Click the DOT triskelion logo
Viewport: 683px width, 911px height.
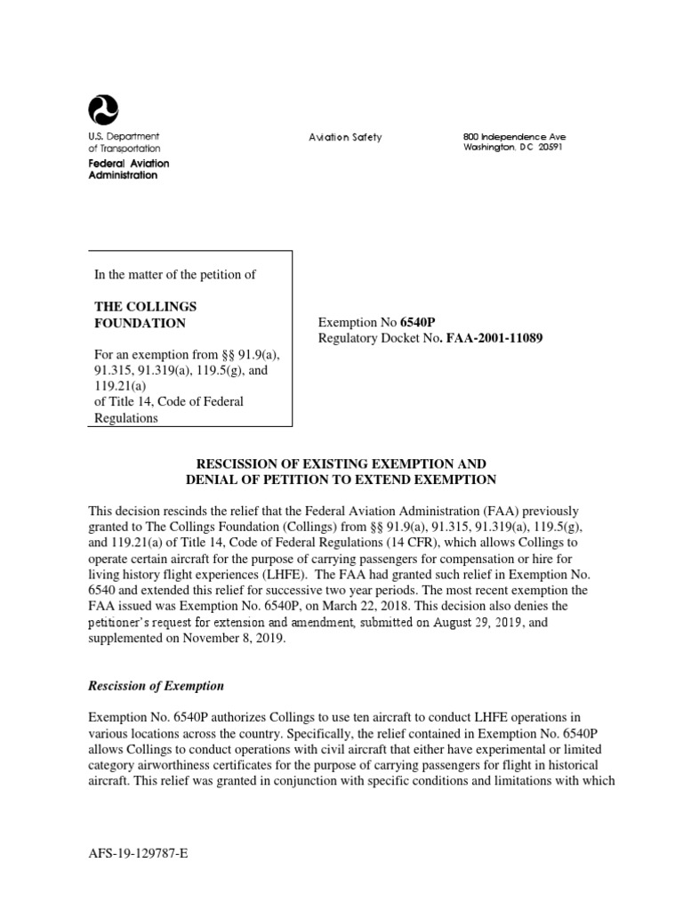point(103,110)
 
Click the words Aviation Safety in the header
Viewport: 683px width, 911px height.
point(345,137)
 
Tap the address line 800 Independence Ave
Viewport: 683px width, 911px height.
point(514,136)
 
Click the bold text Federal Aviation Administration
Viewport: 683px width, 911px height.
point(128,169)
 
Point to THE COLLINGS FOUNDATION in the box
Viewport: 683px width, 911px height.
point(141,314)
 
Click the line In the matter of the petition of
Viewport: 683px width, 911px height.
point(175,274)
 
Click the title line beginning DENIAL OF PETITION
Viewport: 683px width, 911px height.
point(341,480)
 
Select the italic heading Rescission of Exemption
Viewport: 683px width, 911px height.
point(156,686)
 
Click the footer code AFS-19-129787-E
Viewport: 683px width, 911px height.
point(139,852)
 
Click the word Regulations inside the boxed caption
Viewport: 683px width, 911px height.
point(126,418)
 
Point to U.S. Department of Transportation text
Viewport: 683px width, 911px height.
point(124,142)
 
